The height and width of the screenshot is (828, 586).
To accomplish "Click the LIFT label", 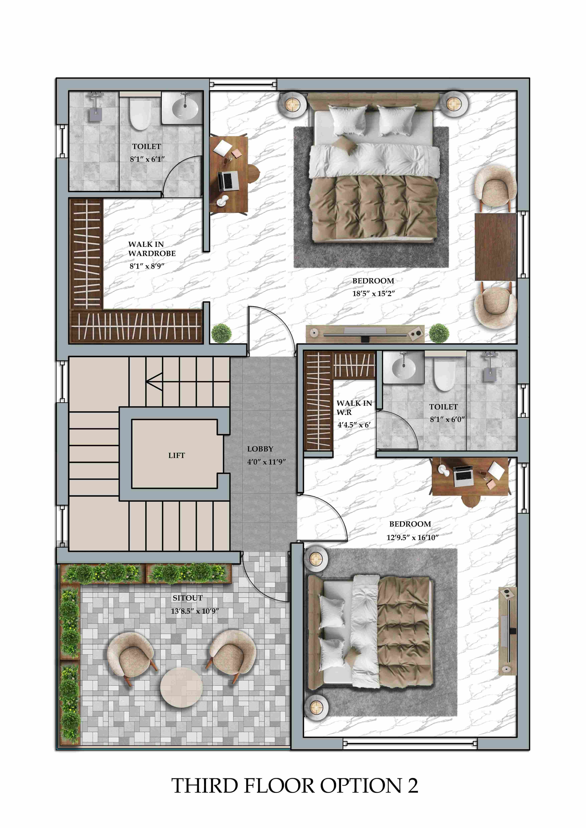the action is [x=176, y=455].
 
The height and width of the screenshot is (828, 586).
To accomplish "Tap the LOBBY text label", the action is [x=260, y=449].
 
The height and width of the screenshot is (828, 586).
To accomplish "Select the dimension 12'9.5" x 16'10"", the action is [x=412, y=537].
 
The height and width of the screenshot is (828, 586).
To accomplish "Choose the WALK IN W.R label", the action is [x=354, y=408].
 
